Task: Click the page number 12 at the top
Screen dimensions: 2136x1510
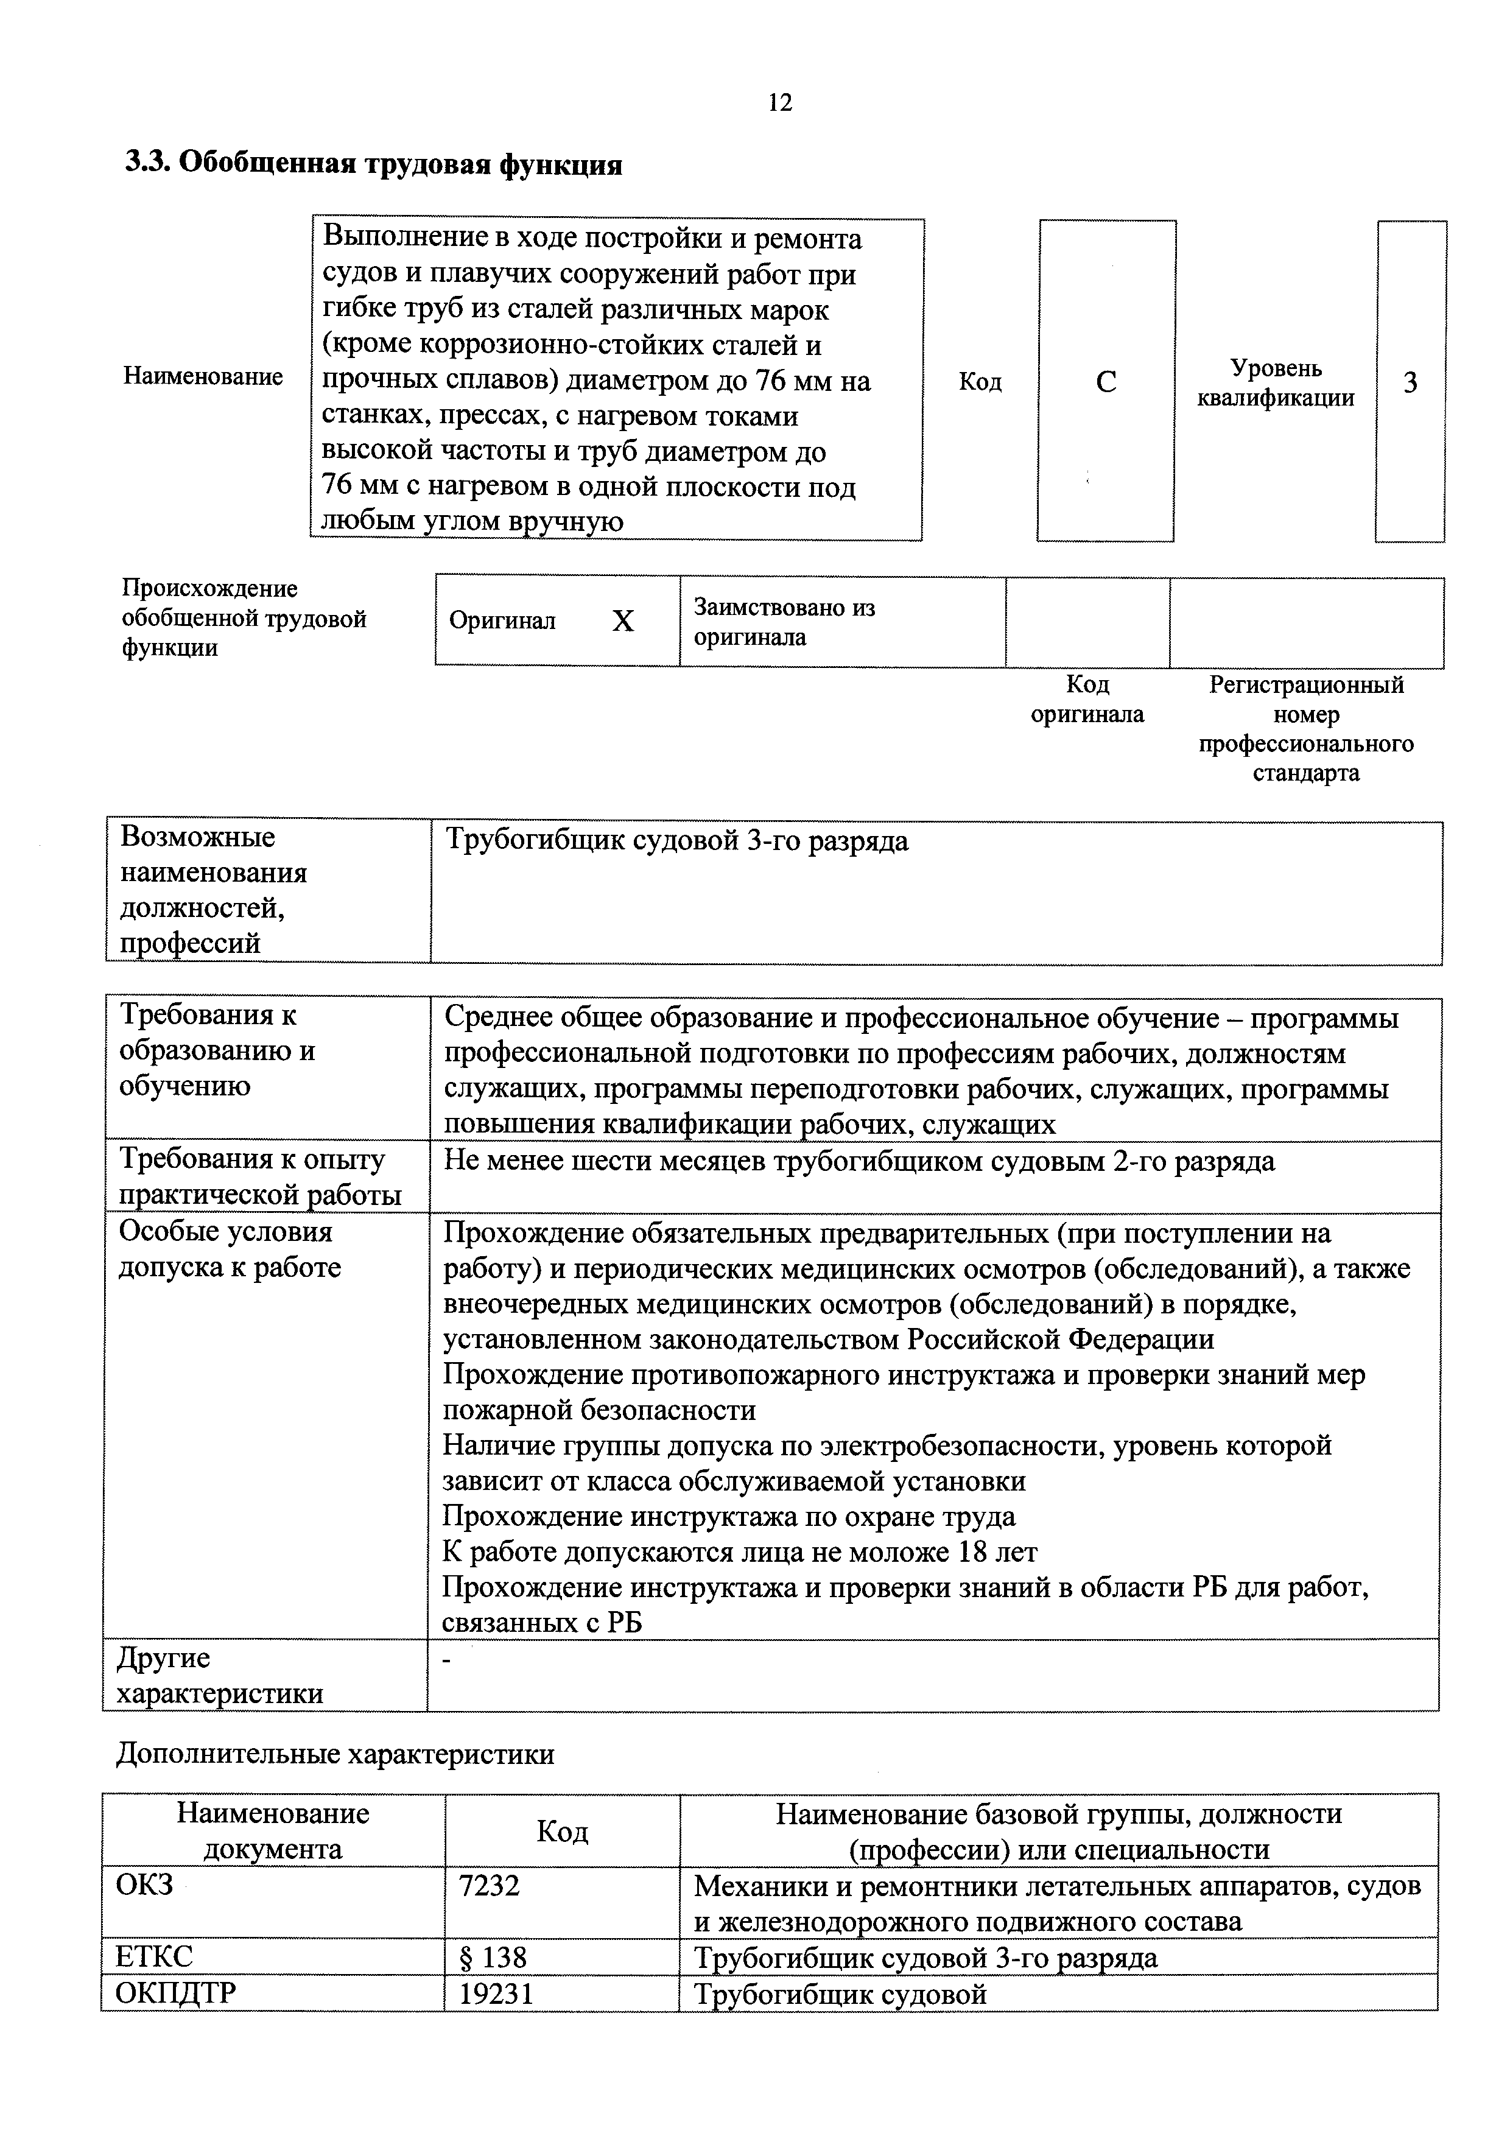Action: pyautogui.click(x=779, y=102)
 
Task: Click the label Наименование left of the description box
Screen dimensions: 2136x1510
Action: pyautogui.click(x=203, y=377)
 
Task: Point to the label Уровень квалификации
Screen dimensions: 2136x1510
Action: pyautogui.click(x=1276, y=383)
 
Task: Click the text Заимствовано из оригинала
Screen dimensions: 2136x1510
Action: pyautogui.click(x=784, y=622)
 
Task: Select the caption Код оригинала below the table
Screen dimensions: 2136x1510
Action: pyautogui.click(x=1087, y=700)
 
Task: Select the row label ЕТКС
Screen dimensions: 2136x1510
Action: pyautogui.click(x=155, y=1956)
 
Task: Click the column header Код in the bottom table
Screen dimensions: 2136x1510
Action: pyautogui.click(x=562, y=1832)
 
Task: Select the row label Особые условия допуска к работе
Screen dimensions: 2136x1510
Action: pyautogui.click(x=230, y=1249)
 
